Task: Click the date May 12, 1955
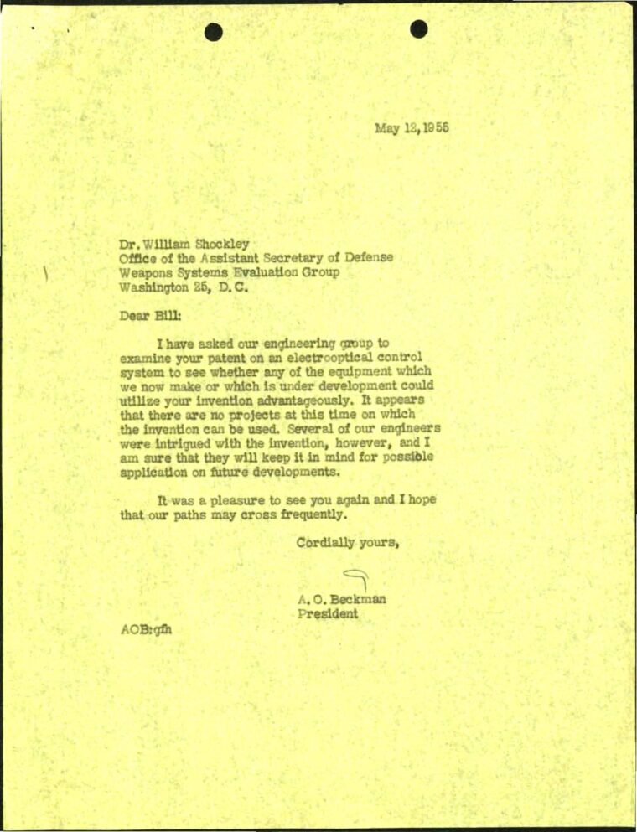click(x=411, y=128)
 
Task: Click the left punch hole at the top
click(x=214, y=32)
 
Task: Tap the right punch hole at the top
click(x=419, y=29)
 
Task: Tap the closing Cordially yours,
click(x=347, y=542)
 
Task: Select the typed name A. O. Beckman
click(x=341, y=600)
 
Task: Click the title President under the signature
click(x=328, y=614)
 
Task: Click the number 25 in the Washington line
click(x=203, y=286)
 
